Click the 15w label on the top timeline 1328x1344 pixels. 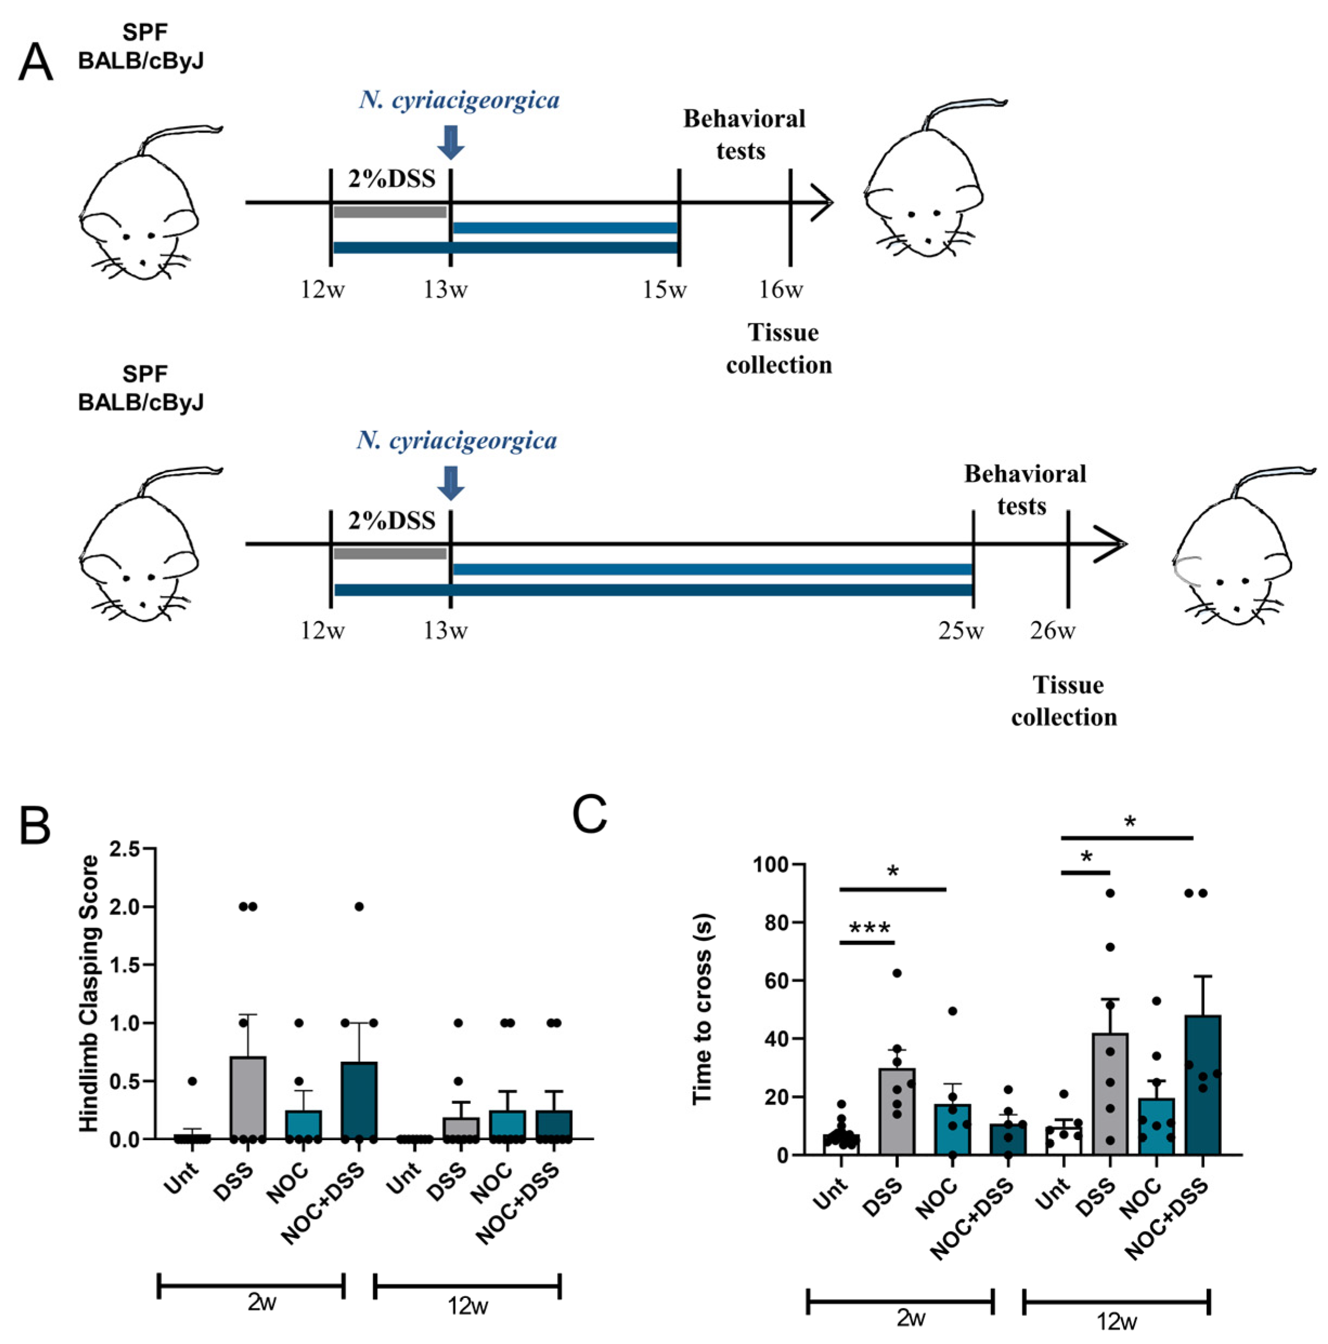[664, 289]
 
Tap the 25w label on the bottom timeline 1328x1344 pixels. [961, 631]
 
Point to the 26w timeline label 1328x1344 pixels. [1053, 631]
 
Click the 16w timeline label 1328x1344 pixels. [781, 289]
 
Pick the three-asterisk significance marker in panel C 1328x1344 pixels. [869, 929]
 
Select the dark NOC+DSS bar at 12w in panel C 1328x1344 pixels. [1202, 1085]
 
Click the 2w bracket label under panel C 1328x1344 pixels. [910, 1317]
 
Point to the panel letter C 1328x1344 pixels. [589, 815]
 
